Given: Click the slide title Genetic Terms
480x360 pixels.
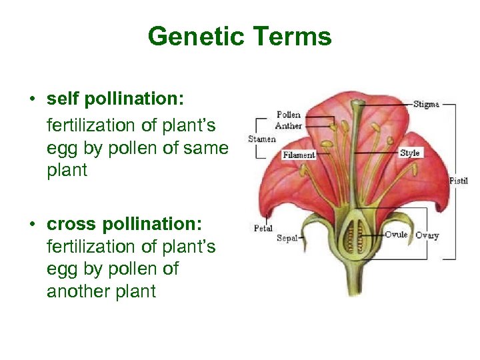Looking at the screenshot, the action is click(x=239, y=36).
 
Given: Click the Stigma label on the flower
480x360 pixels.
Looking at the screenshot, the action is click(x=426, y=105).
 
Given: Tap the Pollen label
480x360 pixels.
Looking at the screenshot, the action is click(x=288, y=115).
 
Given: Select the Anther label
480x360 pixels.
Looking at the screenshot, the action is click(x=288, y=125).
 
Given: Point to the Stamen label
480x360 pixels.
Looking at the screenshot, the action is click(x=261, y=139).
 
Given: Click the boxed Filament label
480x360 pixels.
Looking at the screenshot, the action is click(x=299, y=155).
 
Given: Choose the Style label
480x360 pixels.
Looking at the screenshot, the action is click(x=409, y=153).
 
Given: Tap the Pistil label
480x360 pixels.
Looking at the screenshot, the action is click(x=459, y=181).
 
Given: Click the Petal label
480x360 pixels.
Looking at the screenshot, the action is click(x=263, y=228).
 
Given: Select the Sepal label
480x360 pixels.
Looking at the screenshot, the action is click(x=287, y=238).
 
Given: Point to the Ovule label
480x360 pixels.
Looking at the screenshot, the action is click(x=396, y=235).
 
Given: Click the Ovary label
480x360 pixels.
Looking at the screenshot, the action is click(x=427, y=235).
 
